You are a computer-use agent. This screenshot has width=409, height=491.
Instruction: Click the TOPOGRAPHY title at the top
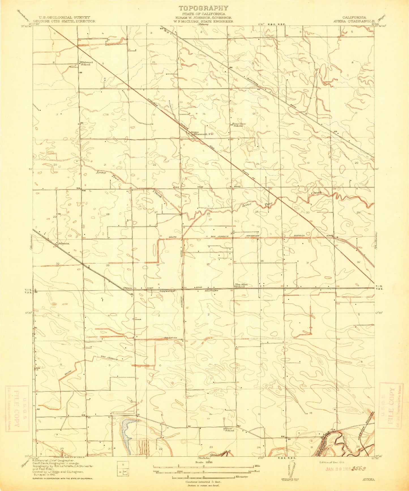point(203,8)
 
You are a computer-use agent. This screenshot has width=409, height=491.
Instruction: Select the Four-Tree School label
point(238,125)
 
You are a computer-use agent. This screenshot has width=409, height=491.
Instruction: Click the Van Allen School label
point(240,286)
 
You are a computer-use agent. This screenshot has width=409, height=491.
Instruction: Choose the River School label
point(230,429)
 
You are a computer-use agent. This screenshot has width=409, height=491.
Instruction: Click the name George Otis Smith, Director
point(65,21)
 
